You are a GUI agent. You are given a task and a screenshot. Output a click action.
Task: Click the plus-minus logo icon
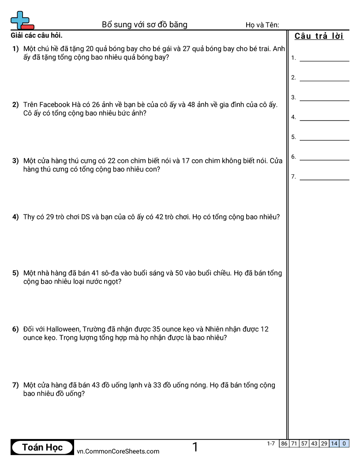22,20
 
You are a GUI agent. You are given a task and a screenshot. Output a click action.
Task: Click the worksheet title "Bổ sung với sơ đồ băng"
145,25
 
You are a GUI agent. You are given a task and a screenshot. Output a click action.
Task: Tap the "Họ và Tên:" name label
262,25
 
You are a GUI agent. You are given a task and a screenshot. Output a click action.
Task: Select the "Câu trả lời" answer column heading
319,36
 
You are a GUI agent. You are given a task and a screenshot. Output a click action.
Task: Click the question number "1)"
15,49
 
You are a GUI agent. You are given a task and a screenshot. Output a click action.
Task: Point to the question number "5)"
15,273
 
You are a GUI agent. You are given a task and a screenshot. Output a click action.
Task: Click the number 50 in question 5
179,273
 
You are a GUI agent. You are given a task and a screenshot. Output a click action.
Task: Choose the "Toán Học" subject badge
42,447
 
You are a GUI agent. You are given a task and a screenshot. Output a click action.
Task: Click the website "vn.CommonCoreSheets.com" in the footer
118,451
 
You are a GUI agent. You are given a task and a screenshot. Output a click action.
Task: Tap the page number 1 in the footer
195,447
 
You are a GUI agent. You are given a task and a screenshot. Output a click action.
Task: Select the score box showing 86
284,443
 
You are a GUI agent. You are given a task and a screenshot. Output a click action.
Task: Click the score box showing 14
334,443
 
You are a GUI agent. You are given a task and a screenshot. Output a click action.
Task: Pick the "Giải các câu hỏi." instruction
36,36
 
